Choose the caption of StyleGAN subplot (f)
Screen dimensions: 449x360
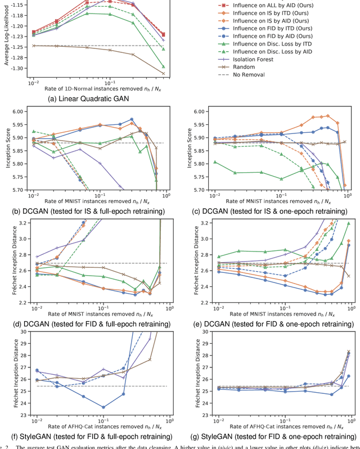click(91, 436)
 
